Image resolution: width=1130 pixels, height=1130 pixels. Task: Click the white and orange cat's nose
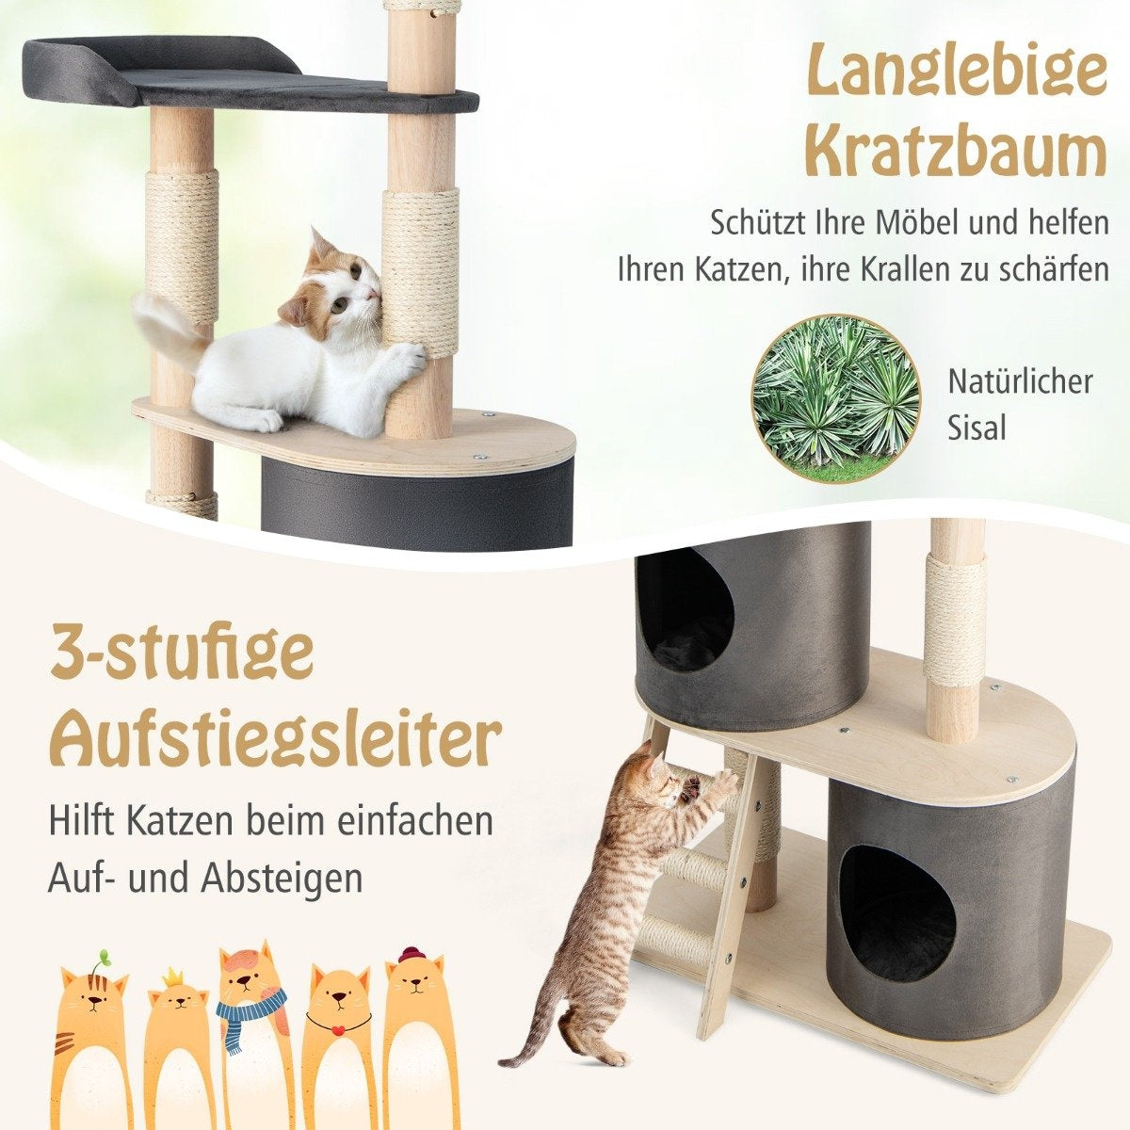[x=376, y=292]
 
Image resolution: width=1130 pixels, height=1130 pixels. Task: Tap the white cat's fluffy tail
[x=167, y=326]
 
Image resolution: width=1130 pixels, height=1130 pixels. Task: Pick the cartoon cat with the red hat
[x=417, y=1022]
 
